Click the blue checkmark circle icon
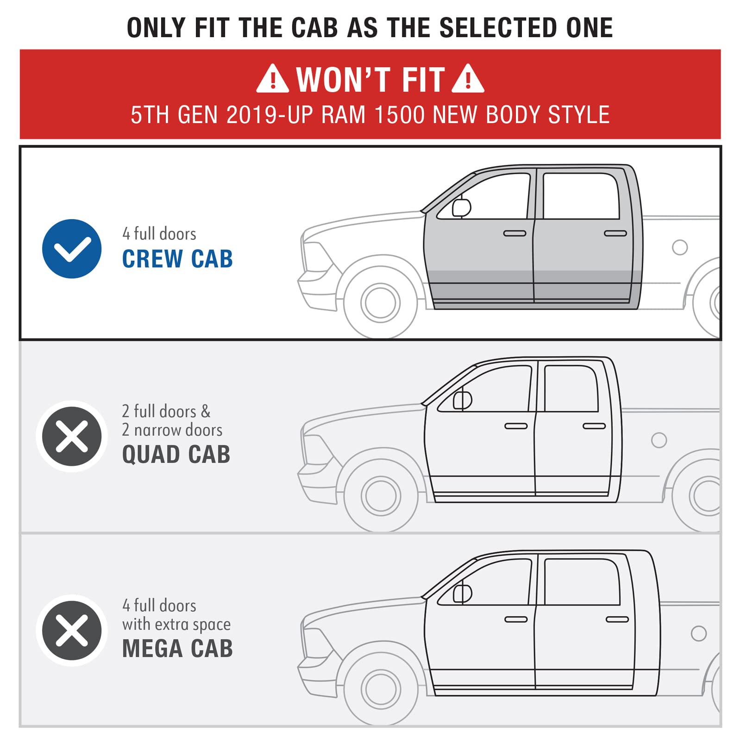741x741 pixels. [72, 249]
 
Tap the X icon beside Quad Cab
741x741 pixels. [72, 436]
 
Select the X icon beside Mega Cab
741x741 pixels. [72, 630]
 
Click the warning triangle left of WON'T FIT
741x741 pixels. [273, 79]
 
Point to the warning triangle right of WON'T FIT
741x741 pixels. [468, 79]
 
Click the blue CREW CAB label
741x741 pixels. [177, 259]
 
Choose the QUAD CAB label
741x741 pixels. [176, 454]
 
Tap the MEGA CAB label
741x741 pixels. [177, 648]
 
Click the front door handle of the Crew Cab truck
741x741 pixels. [515, 233]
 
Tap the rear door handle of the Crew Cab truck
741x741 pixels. [615, 233]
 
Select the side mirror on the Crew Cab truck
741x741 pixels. [461, 207]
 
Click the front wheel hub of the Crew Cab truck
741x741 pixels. [380, 302]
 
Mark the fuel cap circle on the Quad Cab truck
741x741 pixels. [659, 440]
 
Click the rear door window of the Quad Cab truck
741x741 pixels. [571, 389]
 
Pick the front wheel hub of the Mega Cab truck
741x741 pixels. [381, 689]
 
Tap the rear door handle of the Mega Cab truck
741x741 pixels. [617, 620]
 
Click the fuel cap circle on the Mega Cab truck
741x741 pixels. [698, 634]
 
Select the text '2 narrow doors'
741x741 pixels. [172, 430]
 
